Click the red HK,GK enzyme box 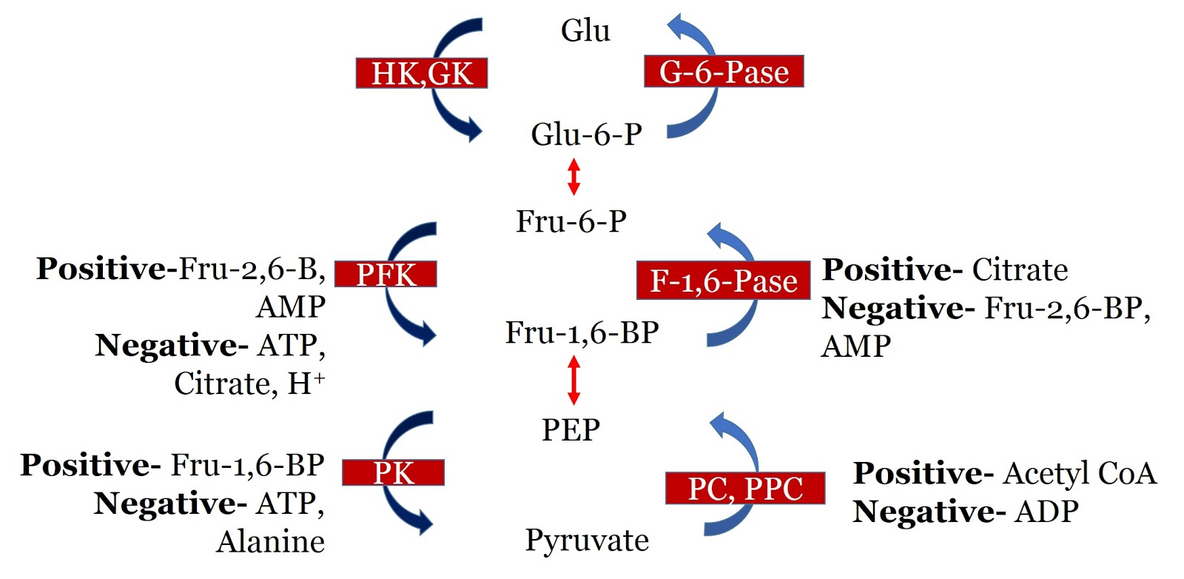[422, 73]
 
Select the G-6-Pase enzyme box [724, 72]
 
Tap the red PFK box [386, 274]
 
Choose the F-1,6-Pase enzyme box [723, 281]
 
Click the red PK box [393, 472]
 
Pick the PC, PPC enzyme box [745, 489]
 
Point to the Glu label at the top [585, 31]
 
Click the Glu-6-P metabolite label [586, 135]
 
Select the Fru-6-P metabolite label [571, 221]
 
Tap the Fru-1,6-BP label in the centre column [582, 333]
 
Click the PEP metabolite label [571, 430]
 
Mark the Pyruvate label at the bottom [587, 540]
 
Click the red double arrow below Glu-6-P [573, 177]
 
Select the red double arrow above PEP [573, 380]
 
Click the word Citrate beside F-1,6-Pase [1020, 270]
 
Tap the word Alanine [271, 542]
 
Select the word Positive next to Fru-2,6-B [101, 269]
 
